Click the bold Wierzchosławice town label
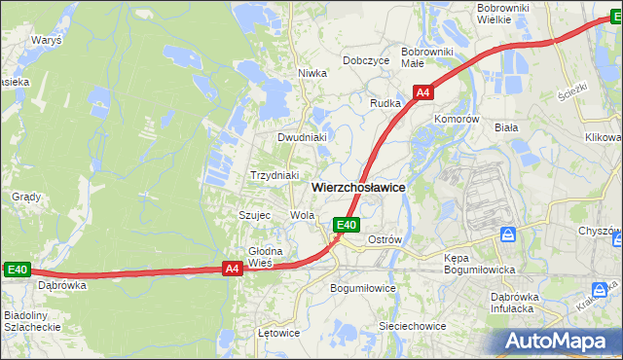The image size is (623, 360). [358, 187]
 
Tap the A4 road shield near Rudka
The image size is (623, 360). [422, 92]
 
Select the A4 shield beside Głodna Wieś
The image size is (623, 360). [232, 270]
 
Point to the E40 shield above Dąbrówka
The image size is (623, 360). [17, 270]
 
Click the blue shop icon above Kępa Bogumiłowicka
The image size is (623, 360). [507, 234]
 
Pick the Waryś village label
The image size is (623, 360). [46, 42]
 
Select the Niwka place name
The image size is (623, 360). [311, 73]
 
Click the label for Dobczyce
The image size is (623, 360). [366, 59]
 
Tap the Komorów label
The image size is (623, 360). [458, 119]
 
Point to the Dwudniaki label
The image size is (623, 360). [301, 137]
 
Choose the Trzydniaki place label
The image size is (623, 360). [274, 175]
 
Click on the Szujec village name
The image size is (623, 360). [254, 215]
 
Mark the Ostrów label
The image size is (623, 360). [385, 239]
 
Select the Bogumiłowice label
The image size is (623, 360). [363, 288]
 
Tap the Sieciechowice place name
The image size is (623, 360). [413, 326]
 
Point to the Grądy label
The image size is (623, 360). [25, 197]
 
